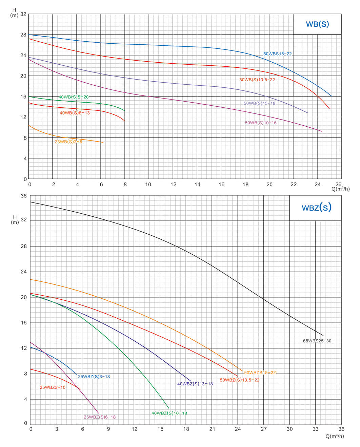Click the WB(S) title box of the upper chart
tap(317, 24)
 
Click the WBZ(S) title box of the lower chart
tap(316, 208)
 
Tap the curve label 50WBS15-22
tap(277, 54)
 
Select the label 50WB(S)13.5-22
tap(257, 80)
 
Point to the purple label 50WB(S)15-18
tap(259, 103)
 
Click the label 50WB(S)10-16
tap(261, 123)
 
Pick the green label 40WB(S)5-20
tap(74, 97)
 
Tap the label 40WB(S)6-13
tap(75, 113)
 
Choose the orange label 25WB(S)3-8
tap(68, 142)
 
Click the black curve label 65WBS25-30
tap(317, 341)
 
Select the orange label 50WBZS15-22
tap(260, 372)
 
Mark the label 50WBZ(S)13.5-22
tap(239, 380)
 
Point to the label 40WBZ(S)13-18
tap(195, 384)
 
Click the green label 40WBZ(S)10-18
tap(169, 413)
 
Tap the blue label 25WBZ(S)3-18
tap(94, 377)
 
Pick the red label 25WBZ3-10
tap(53, 387)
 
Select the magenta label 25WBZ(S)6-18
tap(100, 417)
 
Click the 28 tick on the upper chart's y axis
tap(23, 35)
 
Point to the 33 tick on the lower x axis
tap(316, 429)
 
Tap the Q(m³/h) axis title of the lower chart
tap(335, 436)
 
